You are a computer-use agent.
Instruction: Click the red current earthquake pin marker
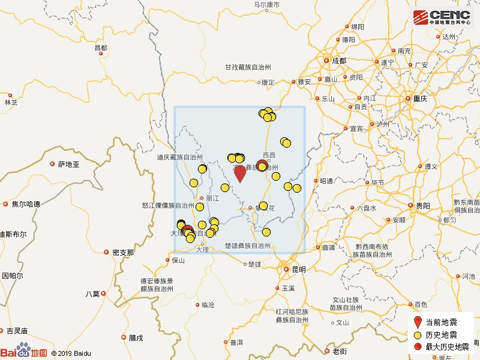click(x=239, y=173)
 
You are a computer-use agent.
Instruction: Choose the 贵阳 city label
click(x=422, y=206)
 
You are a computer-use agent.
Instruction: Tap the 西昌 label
click(x=269, y=155)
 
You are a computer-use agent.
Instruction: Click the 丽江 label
click(x=212, y=197)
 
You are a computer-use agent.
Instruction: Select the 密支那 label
click(x=123, y=253)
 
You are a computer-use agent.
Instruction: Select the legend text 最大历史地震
click(x=447, y=346)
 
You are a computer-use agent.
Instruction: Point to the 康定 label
click(x=268, y=82)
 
